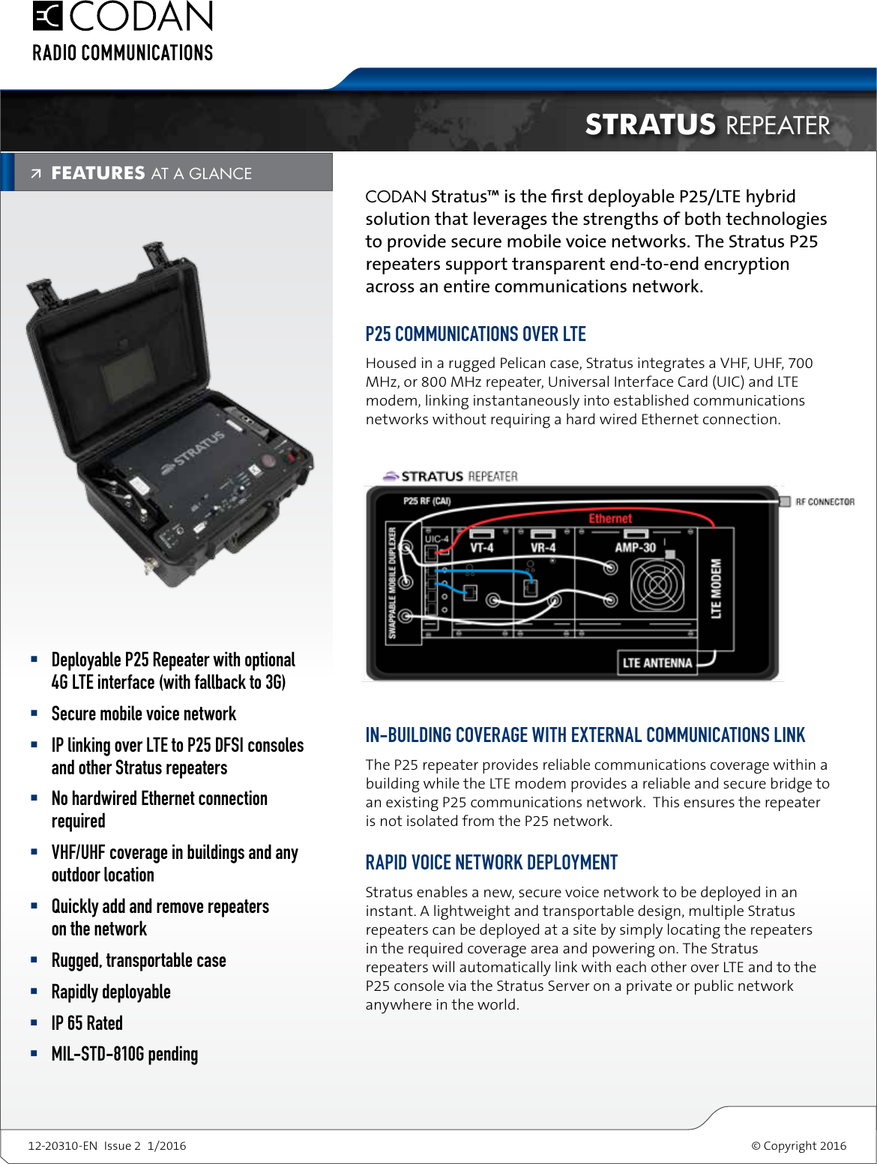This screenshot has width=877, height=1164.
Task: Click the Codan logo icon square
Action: [x=47, y=16]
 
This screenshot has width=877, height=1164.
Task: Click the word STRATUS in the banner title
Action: [x=650, y=124]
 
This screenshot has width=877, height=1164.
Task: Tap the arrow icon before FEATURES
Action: [x=36, y=174]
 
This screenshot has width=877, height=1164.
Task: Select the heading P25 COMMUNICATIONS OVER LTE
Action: [x=475, y=334]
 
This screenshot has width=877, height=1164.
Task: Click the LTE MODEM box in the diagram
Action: [x=716, y=588]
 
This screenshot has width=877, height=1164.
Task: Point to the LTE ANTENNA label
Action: [x=657, y=663]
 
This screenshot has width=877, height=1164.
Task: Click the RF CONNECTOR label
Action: [x=825, y=501]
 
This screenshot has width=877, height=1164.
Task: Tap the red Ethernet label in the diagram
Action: [x=610, y=519]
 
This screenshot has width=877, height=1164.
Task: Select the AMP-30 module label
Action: [x=635, y=548]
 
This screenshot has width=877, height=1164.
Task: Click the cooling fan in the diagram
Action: [x=657, y=586]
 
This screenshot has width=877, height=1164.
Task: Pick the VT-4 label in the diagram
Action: [x=481, y=548]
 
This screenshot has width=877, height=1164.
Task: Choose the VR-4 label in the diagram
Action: [x=543, y=548]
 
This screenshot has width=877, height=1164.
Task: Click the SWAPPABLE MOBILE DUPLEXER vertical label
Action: [x=392, y=583]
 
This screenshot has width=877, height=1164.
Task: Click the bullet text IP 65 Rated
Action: [x=87, y=1023]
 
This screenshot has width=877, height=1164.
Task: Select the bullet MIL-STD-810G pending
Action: [x=124, y=1055]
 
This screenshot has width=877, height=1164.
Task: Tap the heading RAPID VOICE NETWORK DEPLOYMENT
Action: [x=491, y=863]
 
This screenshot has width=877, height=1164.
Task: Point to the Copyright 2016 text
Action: [x=799, y=1145]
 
